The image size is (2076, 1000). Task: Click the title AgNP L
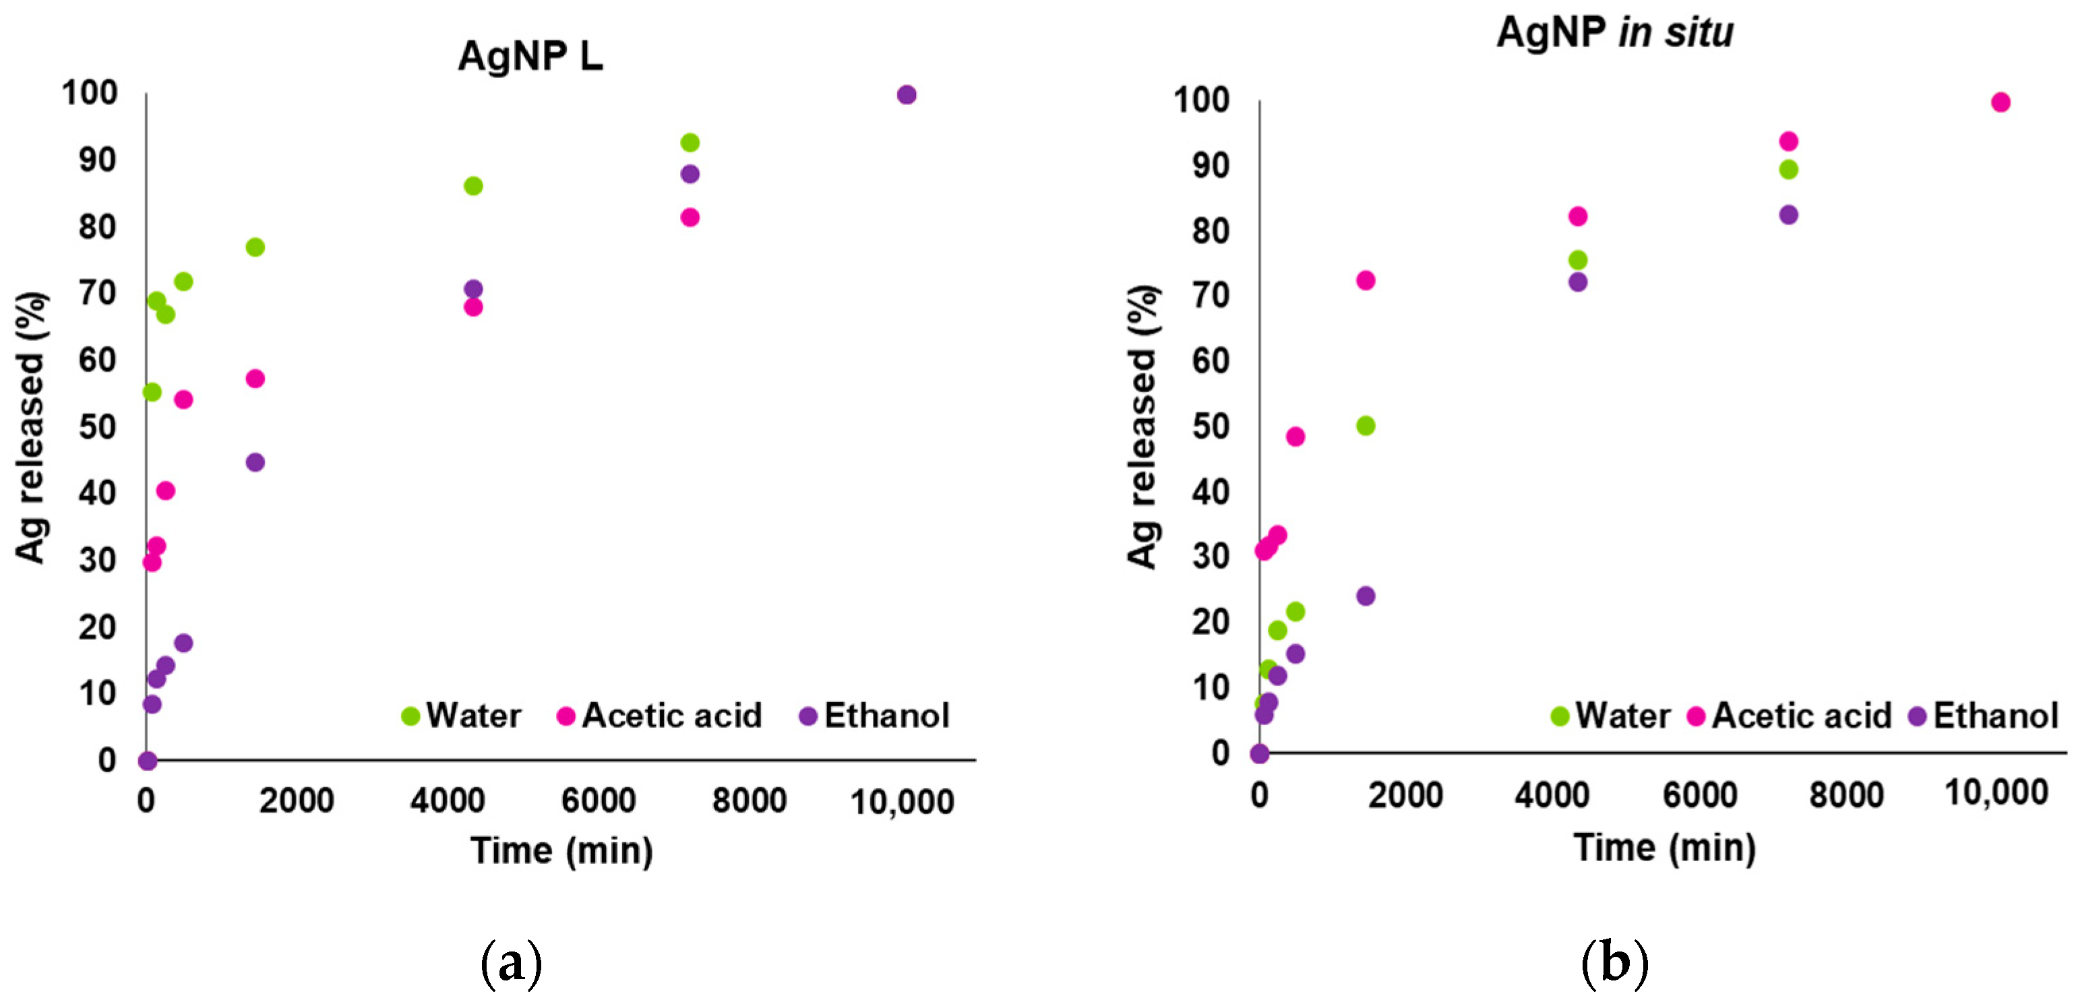pos(530,57)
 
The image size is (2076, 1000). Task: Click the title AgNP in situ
pos(1614,33)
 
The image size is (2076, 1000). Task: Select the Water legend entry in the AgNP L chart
pos(462,716)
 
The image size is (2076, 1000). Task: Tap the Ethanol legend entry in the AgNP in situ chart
pos(1984,716)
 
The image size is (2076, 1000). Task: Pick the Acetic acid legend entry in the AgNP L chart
pos(659,716)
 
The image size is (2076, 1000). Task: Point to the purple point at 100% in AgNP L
pos(906,95)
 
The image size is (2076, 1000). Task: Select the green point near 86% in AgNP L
pos(473,186)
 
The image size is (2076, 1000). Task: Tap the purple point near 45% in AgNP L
pos(255,462)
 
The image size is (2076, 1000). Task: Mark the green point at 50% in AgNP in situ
pos(1365,425)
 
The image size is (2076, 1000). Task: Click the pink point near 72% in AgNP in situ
pos(1365,280)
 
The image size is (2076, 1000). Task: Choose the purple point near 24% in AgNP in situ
pos(1365,596)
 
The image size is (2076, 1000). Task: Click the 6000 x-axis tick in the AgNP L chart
pos(598,801)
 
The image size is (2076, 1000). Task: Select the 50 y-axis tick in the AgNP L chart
pos(98,427)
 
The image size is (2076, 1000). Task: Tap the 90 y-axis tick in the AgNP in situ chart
pos(1211,166)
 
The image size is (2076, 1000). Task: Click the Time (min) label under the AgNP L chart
pos(561,851)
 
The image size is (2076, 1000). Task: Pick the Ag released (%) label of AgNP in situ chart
pos(1142,427)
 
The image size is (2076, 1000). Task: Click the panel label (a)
pos(511,963)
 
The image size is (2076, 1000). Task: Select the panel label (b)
pos(1614,963)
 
